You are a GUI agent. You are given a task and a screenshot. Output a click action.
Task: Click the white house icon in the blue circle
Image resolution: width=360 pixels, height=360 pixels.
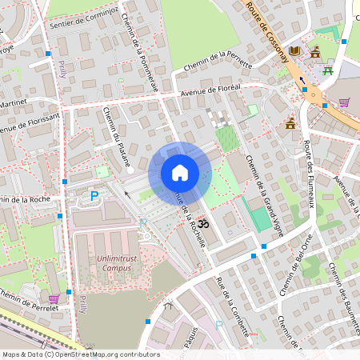180,172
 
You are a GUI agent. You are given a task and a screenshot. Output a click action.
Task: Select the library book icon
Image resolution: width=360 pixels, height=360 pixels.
295,50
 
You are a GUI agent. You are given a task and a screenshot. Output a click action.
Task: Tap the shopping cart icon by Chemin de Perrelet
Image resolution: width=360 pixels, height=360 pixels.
54,298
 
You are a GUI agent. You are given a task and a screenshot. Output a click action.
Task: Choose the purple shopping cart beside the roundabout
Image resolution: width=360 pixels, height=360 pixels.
344,102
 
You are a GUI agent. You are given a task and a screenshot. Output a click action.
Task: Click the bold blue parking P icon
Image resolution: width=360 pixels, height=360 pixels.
94,195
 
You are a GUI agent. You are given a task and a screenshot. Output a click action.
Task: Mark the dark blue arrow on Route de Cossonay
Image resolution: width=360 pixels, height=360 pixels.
302,81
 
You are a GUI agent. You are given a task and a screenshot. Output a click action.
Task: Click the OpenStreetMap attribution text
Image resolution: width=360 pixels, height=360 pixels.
80,354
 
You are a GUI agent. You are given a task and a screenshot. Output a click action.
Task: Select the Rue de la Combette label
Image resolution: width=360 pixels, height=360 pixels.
232,301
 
